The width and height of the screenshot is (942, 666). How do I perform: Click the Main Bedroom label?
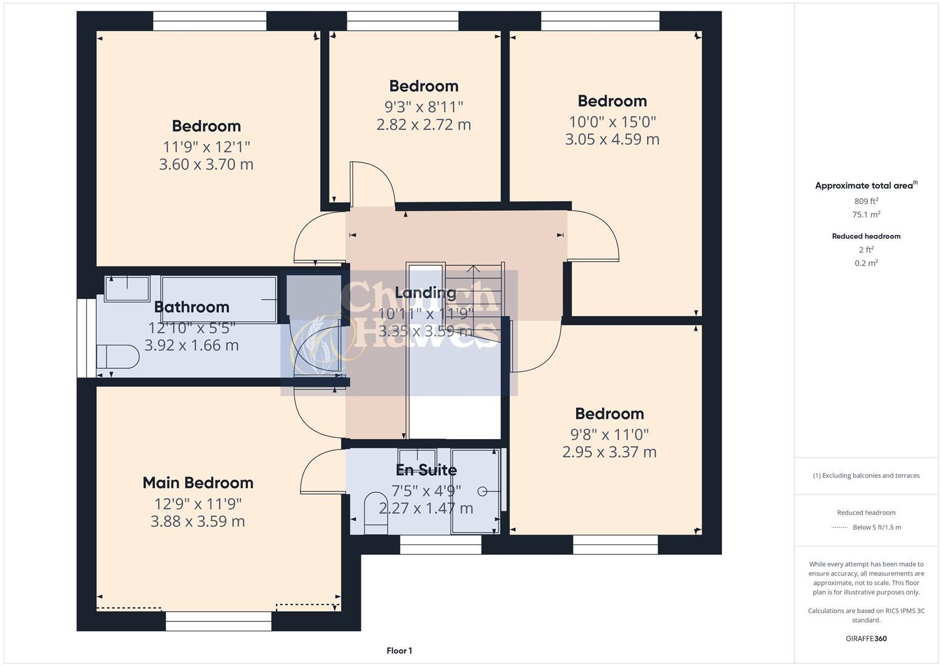(x=198, y=483)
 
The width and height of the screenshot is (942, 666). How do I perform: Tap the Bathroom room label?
(x=191, y=307)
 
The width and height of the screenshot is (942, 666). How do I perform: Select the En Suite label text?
(x=426, y=471)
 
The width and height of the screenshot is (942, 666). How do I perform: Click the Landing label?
(x=426, y=293)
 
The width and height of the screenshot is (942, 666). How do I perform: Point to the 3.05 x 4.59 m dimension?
(x=612, y=139)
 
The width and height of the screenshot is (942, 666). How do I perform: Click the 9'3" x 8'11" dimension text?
(x=424, y=107)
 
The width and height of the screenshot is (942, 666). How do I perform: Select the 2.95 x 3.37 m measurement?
(x=609, y=452)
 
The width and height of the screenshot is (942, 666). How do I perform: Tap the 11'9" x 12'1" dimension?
(x=206, y=147)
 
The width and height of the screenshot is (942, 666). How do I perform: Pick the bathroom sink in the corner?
(x=126, y=288)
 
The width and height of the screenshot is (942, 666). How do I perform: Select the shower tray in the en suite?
(x=474, y=491)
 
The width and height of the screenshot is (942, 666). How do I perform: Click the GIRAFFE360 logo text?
(x=866, y=639)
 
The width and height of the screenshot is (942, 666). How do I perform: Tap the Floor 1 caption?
(x=399, y=651)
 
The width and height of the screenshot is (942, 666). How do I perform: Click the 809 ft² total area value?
(x=866, y=201)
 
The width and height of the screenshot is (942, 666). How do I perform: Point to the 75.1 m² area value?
(x=866, y=215)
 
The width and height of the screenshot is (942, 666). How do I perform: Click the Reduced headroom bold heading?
(x=866, y=236)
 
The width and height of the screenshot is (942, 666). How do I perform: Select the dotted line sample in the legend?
(x=840, y=528)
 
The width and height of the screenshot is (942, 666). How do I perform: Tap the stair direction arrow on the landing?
(x=473, y=269)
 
